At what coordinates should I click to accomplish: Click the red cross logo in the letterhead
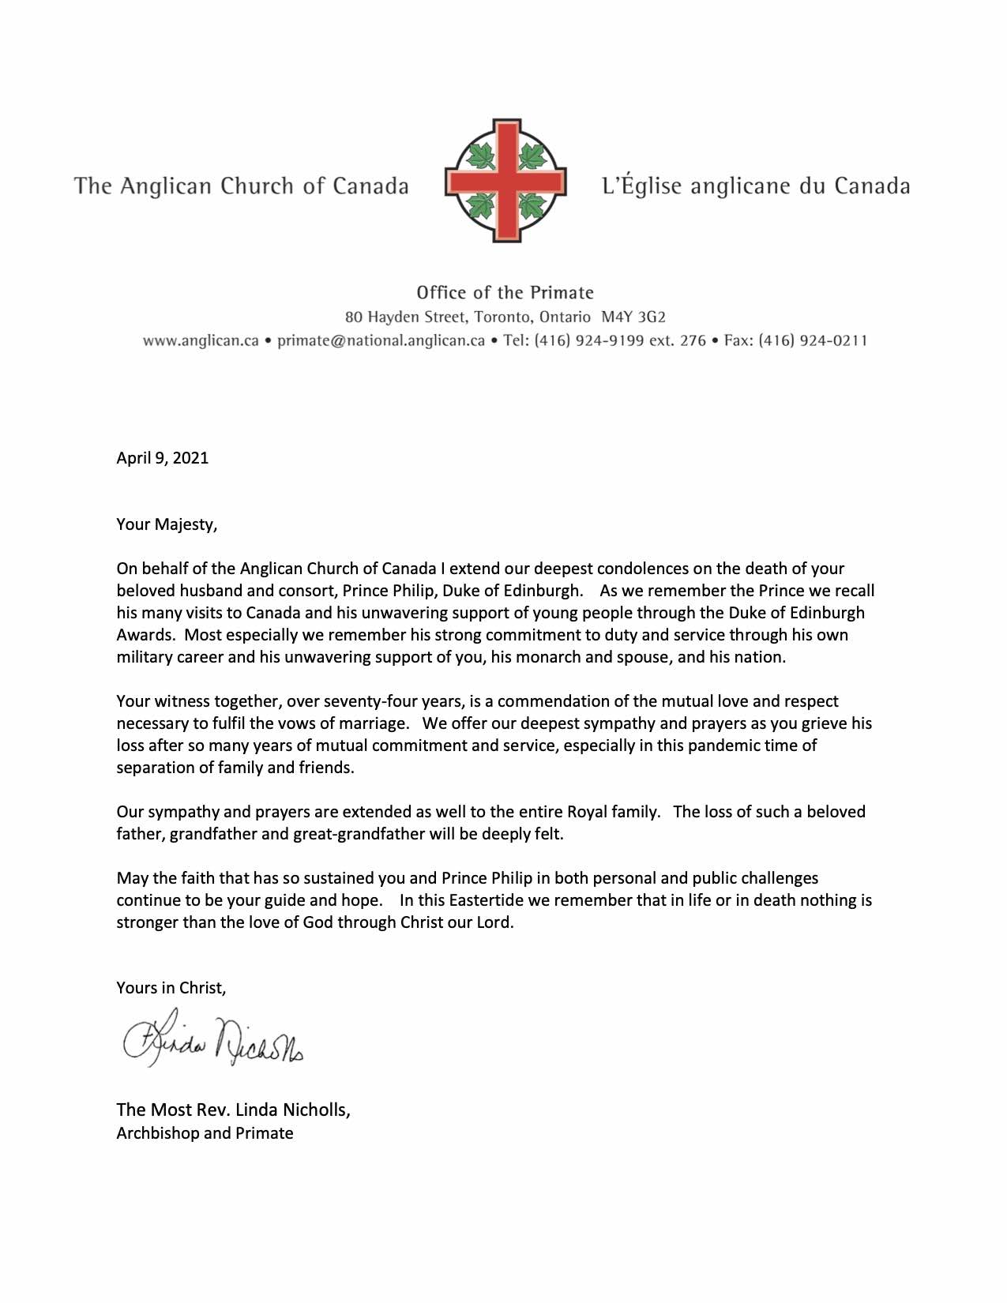[x=505, y=181]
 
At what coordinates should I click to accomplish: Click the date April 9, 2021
[x=163, y=458]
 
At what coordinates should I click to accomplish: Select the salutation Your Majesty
[x=167, y=524]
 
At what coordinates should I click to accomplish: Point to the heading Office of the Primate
[x=505, y=293]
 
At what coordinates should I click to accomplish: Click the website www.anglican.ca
[x=201, y=341]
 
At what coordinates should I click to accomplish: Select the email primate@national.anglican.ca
[x=381, y=341]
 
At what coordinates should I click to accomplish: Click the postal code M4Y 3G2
[x=633, y=317]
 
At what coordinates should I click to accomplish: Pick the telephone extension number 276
[x=693, y=341]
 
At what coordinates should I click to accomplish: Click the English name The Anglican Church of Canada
[x=242, y=186]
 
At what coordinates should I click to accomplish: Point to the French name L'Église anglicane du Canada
[x=756, y=186]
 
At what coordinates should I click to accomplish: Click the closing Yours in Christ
[x=171, y=988]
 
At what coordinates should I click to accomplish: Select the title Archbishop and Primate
[x=205, y=1133]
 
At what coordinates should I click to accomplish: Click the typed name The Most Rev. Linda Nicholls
[x=233, y=1110]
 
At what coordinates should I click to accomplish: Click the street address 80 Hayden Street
[x=405, y=317]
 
